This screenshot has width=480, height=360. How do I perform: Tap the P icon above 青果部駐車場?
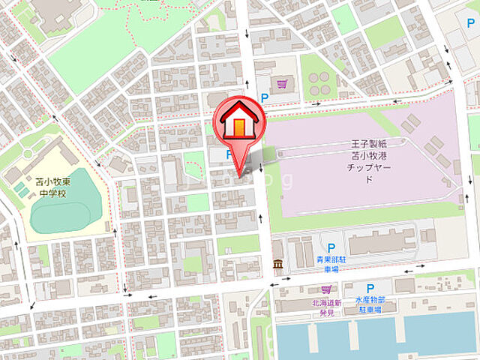pos(331,247)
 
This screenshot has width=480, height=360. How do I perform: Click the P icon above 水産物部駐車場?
pos(370,289)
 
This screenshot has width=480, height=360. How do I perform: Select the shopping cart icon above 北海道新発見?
pos(325,289)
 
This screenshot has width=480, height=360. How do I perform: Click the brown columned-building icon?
pos(278,264)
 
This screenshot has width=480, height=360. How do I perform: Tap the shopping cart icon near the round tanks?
pos(282,84)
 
